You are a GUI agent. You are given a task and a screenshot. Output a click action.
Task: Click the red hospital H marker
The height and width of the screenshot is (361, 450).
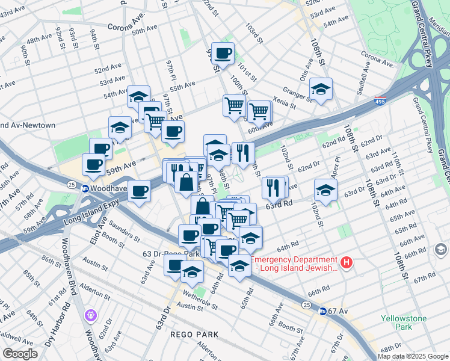pyautogui.click(x=346, y=263)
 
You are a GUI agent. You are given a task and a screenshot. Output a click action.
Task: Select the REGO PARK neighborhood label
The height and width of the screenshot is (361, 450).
pyautogui.click(x=190, y=334)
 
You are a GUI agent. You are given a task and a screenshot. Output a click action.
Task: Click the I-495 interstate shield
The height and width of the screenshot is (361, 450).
pyautogui.click(x=380, y=101)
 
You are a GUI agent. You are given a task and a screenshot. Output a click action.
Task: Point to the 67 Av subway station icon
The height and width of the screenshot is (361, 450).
pyautogui.click(x=322, y=311)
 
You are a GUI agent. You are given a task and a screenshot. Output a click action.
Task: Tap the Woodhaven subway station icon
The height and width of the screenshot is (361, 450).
pyautogui.click(x=86, y=188)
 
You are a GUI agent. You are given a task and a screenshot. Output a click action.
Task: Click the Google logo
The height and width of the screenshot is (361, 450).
pyautogui.click(x=20, y=354)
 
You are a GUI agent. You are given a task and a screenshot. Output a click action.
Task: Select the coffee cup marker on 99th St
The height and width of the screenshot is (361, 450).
pyautogui.click(x=223, y=53)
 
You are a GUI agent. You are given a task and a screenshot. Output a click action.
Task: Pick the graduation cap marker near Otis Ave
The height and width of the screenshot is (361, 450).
pyautogui.click(x=321, y=89)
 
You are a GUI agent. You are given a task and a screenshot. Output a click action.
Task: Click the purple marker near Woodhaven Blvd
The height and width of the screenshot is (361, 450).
pyautogui.click(x=91, y=314)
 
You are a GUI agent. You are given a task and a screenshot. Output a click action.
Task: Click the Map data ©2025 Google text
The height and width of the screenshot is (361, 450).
pyautogui.click(x=413, y=356)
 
